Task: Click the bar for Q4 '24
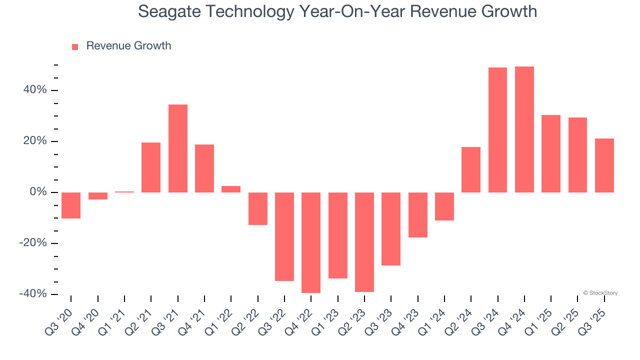click(524, 129)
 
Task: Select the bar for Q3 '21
click(177, 148)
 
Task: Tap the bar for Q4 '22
click(311, 242)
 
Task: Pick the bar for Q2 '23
click(364, 242)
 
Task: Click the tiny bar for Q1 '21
click(124, 191)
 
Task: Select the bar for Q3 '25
click(604, 165)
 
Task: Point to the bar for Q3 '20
click(71, 205)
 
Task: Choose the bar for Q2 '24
click(471, 169)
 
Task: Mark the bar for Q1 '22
click(231, 189)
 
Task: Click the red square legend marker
click(75, 46)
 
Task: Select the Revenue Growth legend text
click(128, 46)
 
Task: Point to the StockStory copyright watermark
click(600, 293)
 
